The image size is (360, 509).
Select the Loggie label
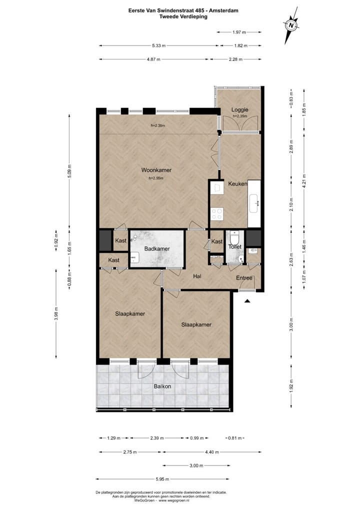tap(239, 109)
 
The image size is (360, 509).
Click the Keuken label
tap(237, 184)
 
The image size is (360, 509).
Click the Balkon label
tap(163, 386)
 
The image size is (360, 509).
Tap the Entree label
tap(245, 278)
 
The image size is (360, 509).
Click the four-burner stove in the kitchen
tap(217, 214)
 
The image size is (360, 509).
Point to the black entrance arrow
tap(247, 300)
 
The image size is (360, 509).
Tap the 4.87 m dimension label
tap(153, 59)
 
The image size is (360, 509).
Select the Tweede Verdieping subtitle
tap(183, 16)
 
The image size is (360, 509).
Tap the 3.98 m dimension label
tap(55, 314)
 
